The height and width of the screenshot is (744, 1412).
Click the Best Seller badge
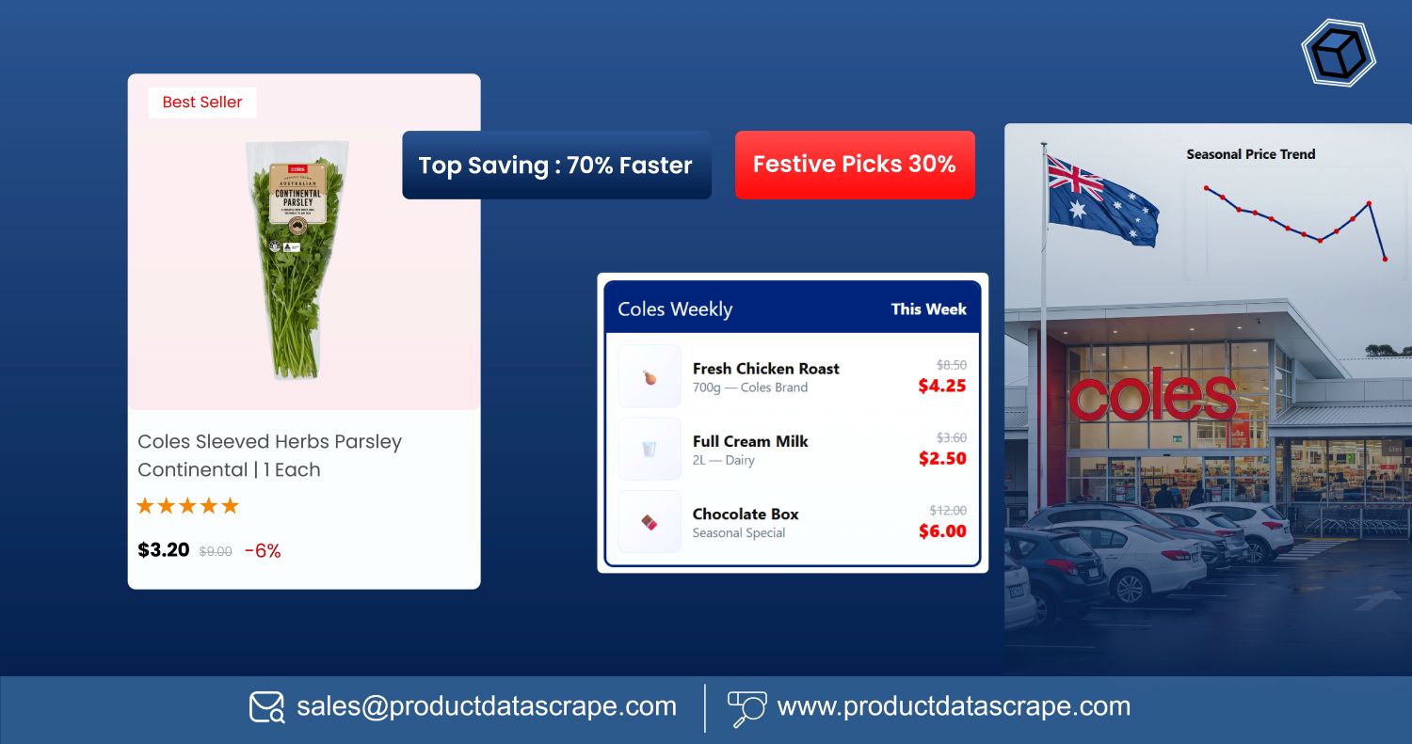point(202,103)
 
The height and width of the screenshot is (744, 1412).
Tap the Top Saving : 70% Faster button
point(555,166)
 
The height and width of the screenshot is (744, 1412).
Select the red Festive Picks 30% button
point(854,165)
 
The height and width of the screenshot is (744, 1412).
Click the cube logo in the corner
point(1338,54)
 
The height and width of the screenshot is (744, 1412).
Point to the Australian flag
point(1102,200)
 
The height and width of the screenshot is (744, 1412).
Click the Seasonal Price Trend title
point(1250,154)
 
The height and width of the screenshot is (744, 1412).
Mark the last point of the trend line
point(1385,259)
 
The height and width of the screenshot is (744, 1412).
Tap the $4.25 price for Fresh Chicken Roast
point(942,386)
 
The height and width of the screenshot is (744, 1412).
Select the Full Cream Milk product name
point(750,441)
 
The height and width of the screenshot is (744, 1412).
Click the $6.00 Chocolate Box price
point(942,531)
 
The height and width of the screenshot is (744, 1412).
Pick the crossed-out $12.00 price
point(948,511)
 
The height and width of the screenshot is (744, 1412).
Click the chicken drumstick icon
point(650,377)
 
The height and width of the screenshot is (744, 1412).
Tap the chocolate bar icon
point(650,522)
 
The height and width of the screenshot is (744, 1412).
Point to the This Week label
point(928,309)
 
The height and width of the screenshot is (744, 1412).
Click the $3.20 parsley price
point(164,550)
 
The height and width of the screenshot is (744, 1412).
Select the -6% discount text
point(263,551)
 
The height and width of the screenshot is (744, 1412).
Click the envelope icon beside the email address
point(266,707)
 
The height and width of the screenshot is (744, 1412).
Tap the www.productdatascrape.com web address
point(954,706)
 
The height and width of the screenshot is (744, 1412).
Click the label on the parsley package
point(297,193)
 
